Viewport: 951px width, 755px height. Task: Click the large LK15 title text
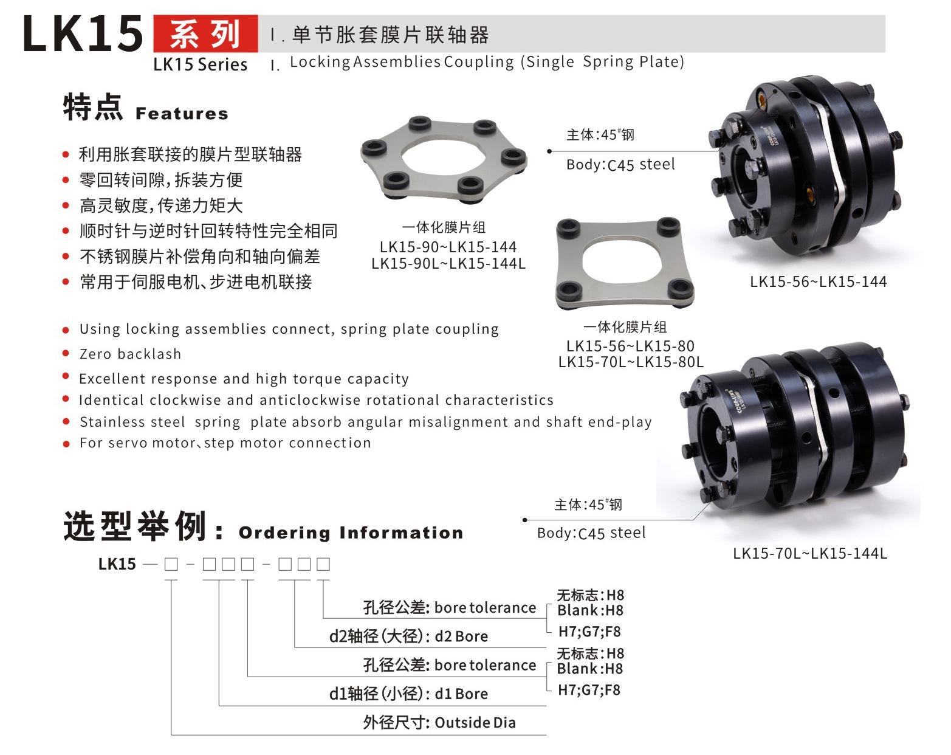[x=83, y=34]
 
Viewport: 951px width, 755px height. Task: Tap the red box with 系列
[x=205, y=34]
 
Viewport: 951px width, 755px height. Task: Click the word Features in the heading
[x=182, y=114]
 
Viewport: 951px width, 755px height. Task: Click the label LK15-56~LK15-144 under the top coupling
[x=818, y=281]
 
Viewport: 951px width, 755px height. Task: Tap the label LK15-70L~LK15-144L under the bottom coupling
[x=809, y=553]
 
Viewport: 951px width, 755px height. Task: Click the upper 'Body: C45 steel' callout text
[x=620, y=165]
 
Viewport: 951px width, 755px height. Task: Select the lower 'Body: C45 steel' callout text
[x=591, y=533]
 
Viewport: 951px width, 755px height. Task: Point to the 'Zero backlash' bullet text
[x=130, y=354]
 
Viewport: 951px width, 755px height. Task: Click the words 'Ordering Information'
[x=351, y=533]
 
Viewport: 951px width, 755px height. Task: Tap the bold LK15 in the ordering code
[x=117, y=564]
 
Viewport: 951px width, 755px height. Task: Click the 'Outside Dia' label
[x=475, y=723]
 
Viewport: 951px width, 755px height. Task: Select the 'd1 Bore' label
[x=461, y=694]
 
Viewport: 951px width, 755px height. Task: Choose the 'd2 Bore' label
[x=461, y=636]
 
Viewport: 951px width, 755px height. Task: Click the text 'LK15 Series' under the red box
[x=200, y=64]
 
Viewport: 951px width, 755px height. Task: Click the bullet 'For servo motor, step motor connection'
[x=225, y=443]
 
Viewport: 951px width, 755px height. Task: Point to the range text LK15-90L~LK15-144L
[x=448, y=263]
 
